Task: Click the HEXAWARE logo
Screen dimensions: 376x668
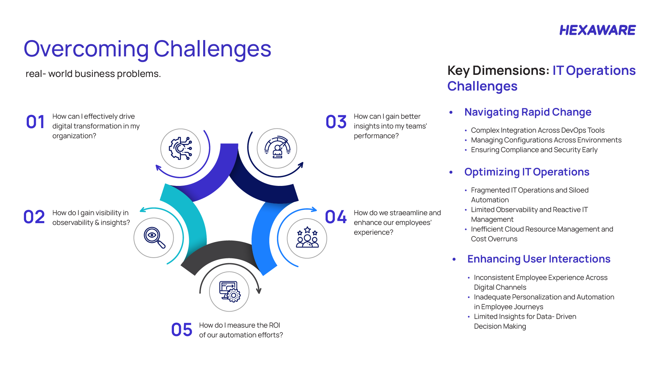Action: [597, 30]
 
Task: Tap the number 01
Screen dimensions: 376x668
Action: [35, 122]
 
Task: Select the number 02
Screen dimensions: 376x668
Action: [34, 217]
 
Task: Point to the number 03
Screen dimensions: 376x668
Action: [336, 122]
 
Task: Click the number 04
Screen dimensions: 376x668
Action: [335, 217]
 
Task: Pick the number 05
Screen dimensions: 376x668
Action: [181, 330]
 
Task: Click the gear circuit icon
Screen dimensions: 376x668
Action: [180, 149]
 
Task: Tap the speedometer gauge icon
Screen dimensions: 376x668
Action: [277, 148]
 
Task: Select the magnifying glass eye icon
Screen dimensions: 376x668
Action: [154, 238]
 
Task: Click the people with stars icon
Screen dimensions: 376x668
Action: [307, 238]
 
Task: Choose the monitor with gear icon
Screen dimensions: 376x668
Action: [229, 292]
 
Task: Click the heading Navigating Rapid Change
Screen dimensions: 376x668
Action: [527, 112]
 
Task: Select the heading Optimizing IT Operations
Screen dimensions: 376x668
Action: [526, 172]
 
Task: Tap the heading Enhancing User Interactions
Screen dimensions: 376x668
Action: [539, 259]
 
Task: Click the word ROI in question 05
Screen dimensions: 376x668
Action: [274, 325]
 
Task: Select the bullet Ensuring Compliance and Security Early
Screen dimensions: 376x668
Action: [534, 150]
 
